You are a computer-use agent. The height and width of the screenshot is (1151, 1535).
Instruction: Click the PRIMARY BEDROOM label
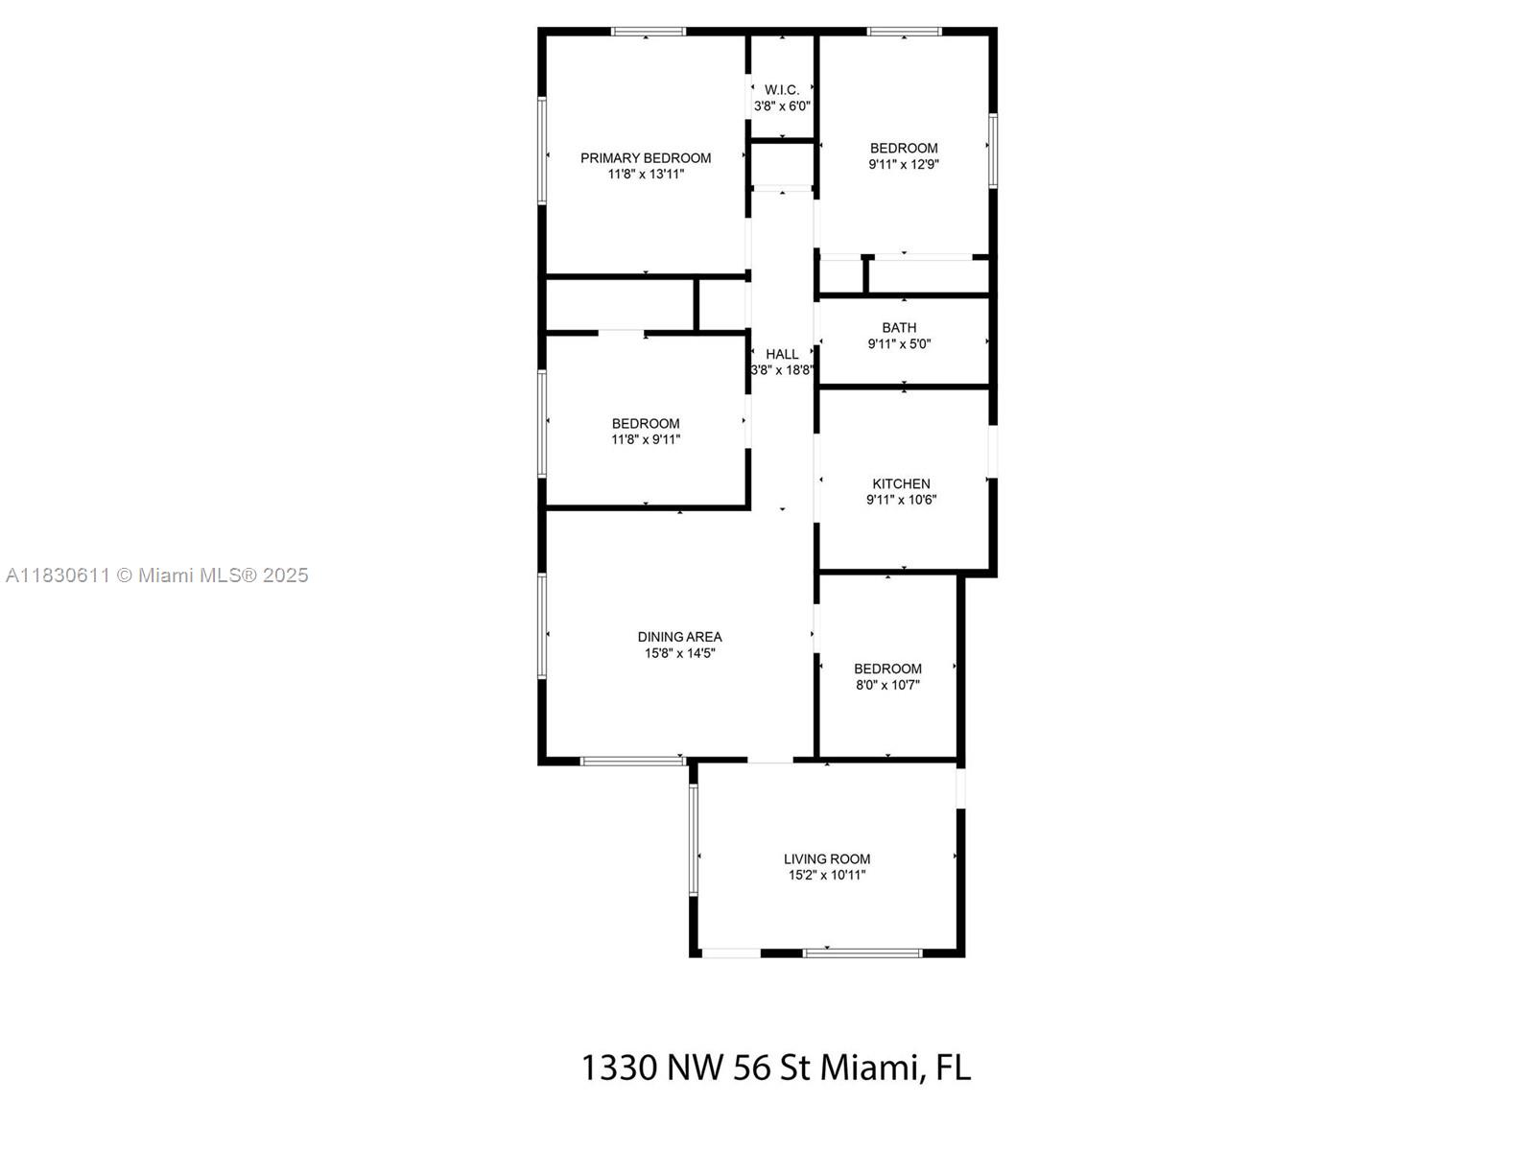646,158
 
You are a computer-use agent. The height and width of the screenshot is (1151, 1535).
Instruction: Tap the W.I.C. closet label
782,90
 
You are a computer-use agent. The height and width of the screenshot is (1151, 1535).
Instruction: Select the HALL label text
782,354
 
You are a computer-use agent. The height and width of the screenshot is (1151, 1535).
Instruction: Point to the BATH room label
899,328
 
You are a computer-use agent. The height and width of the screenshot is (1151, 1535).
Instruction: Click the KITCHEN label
902,483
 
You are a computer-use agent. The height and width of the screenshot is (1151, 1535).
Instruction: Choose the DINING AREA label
680,637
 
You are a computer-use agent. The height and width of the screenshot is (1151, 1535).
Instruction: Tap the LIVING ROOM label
827,858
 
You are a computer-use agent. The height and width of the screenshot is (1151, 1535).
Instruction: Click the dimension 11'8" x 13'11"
646,174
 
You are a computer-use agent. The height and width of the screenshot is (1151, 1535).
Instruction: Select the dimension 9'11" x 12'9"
905,164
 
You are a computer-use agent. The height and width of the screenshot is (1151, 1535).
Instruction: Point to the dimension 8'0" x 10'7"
887,685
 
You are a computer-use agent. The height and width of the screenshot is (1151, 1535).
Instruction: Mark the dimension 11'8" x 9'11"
646,439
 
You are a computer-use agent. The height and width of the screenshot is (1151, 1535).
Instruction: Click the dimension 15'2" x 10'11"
827,875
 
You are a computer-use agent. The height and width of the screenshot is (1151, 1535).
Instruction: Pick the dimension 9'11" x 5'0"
899,343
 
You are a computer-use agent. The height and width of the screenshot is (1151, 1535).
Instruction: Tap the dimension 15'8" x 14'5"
680,653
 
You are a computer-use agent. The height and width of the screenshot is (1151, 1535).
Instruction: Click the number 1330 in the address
620,1068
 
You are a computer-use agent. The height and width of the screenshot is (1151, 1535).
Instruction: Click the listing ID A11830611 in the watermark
59,575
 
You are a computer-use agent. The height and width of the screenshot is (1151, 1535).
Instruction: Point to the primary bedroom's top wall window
649,31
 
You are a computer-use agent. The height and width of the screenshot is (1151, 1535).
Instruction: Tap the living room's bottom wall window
862,952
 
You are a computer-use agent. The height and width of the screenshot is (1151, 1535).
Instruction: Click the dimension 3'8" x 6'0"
782,106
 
